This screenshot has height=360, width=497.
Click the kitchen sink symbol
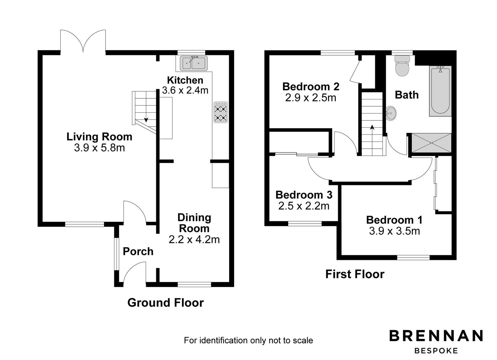click(194, 63)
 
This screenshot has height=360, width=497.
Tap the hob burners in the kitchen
click(221, 112)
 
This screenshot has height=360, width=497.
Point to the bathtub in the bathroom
click(440, 91)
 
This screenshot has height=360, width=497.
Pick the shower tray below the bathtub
click(431, 143)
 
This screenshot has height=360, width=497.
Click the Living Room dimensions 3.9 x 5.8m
click(99, 148)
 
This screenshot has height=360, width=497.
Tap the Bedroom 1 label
click(394, 220)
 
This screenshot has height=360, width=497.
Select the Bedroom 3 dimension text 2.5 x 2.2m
click(303, 206)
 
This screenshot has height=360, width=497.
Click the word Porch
click(138, 251)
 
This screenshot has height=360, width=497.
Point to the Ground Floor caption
click(165, 303)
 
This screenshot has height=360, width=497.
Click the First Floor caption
click(354, 274)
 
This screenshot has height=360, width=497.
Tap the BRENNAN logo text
click(436, 336)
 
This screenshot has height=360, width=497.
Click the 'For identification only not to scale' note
click(248, 340)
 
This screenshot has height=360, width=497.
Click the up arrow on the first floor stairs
click(372, 127)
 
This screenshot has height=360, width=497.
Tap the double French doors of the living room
click(83, 42)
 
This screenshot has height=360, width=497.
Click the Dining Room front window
click(194, 284)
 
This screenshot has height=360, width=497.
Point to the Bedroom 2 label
click(310, 87)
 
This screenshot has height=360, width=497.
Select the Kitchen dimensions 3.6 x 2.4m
click(185, 90)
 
